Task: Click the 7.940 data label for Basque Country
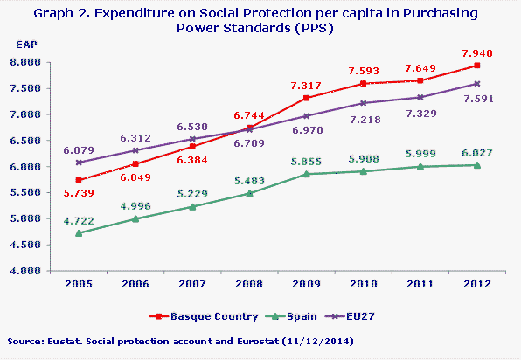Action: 476,51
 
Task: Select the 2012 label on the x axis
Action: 476,284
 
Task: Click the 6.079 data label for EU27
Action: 79,149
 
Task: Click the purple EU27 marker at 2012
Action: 476,84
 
